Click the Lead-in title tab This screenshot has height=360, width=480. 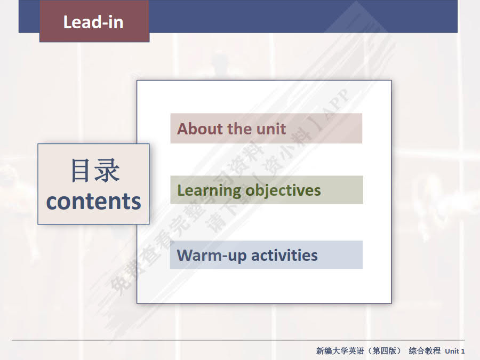coord(94,22)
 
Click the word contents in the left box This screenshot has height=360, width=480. coord(94,201)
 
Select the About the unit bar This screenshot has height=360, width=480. coord(266,129)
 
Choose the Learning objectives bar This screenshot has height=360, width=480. coord(266,190)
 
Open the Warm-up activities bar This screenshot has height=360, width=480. coord(266,255)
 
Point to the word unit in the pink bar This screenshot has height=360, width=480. coord(271,129)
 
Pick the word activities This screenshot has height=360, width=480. coord(284,255)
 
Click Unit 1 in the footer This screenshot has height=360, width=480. coord(455,351)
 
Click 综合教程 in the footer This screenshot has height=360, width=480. coord(425,351)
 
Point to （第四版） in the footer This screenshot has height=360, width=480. coord(383,351)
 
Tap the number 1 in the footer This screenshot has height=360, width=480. coord(463,351)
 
